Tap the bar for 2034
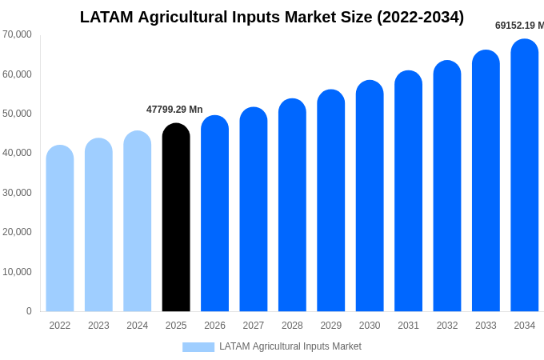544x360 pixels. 525,175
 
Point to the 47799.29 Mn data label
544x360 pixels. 174,110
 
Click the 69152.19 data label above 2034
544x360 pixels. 519,26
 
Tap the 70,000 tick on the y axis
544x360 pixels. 17,34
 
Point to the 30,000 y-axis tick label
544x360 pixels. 17,193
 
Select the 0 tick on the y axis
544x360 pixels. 29,311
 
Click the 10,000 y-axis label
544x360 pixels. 17,272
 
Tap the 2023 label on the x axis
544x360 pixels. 98,326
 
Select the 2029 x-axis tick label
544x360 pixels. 331,326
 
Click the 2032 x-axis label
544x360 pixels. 447,326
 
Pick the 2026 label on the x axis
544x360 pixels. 214,326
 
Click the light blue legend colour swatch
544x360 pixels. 198,347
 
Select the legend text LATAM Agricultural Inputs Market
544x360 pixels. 290,346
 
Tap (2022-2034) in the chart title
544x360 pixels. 421,17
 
